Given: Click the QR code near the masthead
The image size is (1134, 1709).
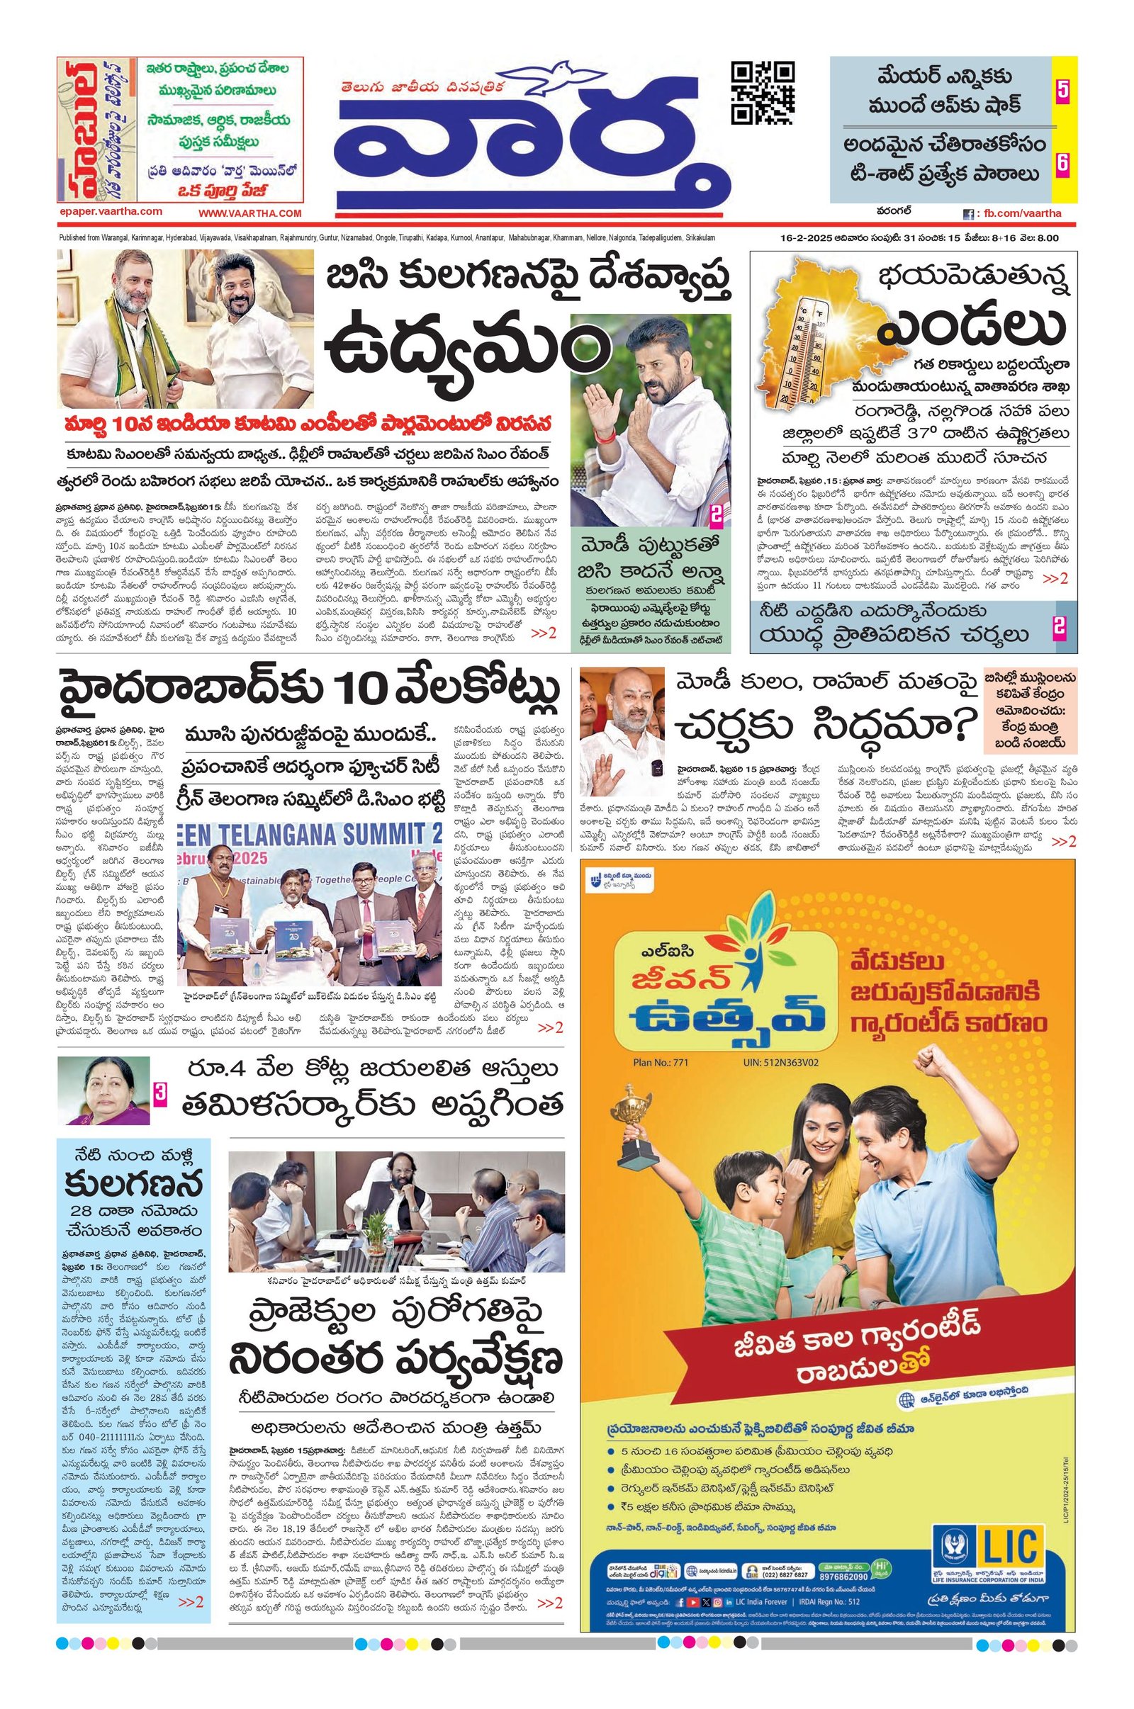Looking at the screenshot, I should tap(763, 94).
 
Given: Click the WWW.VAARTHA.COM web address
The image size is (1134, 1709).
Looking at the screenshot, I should tap(249, 213).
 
